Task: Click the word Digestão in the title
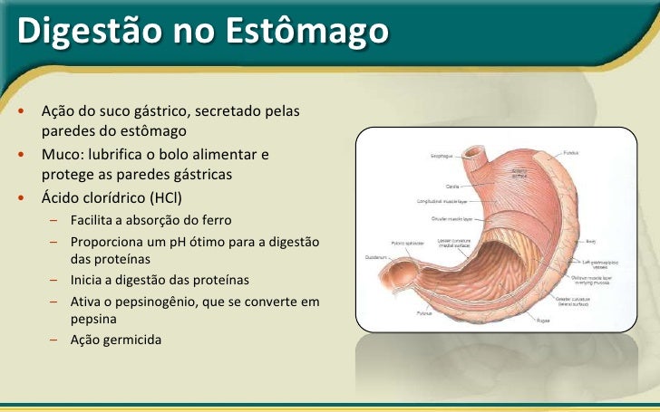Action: [68, 30]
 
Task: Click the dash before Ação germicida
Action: [55, 340]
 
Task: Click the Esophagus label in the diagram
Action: [442, 156]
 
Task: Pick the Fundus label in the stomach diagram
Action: [571, 152]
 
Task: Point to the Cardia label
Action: [451, 186]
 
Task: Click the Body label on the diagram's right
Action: [591, 242]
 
